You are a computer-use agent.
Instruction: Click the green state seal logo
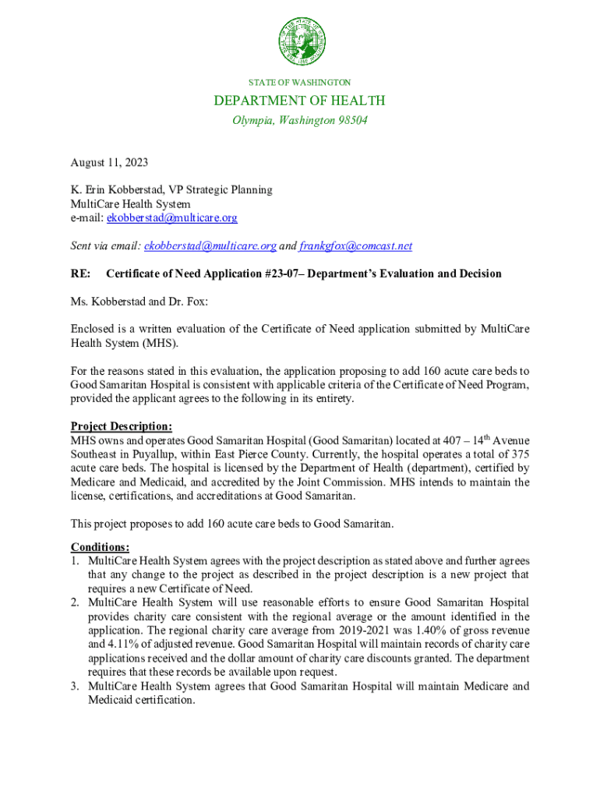pos(300,42)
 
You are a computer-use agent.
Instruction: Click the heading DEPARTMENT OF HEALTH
pos(300,101)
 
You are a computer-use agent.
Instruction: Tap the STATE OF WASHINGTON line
pos(300,82)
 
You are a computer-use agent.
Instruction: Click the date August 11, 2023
pos(109,163)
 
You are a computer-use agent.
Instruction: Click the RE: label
pos(81,274)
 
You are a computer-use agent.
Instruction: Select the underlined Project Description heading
pos(122,426)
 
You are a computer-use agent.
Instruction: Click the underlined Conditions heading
pos(100,547)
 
